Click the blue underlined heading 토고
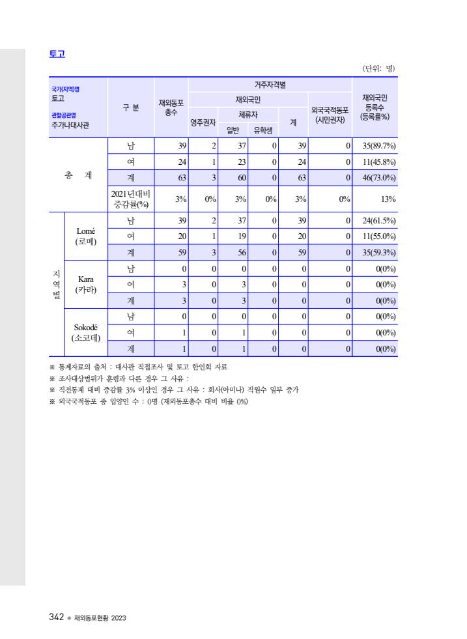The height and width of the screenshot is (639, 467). [57, 54]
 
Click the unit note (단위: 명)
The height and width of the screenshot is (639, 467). [378, 68]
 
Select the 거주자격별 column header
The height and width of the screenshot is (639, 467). [270, 85]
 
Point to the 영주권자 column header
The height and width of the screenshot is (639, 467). [203, 122]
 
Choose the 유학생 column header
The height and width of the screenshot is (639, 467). [263, 130]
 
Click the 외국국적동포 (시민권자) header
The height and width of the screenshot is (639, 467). [330, 115]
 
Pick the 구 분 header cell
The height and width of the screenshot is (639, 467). [130, 107]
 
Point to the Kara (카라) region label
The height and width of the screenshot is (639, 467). [86, 285]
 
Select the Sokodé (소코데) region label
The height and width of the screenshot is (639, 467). [86, 333]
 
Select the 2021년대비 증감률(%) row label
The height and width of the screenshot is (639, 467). [130, 199]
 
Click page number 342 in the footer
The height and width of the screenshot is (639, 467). [55, 617]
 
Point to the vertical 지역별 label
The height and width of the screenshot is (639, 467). [57, 284]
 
